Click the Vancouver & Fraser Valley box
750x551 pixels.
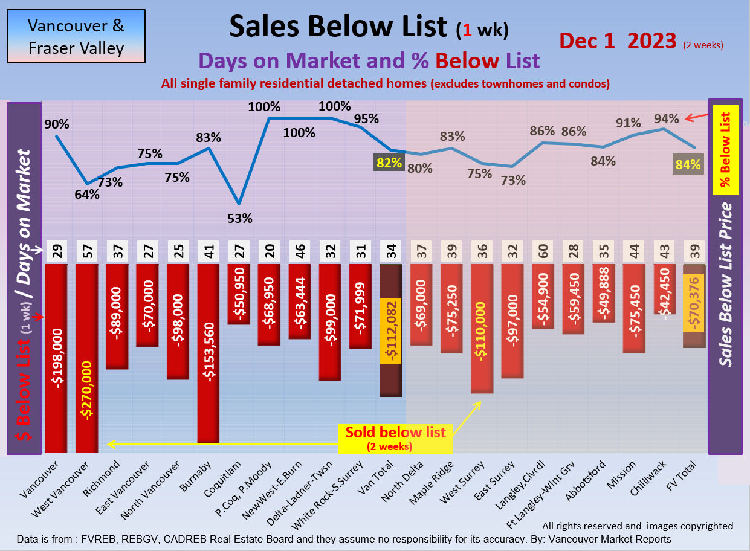(76, 36)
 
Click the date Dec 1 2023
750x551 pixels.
(618, 40)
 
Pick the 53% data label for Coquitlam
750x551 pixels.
(240, 218)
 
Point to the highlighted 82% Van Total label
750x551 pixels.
(389, 162)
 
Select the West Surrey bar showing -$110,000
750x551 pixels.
(481, 329)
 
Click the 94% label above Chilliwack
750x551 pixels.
(667, 118)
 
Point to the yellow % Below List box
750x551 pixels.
(725, 150)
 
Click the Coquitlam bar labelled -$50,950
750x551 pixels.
(239, 294)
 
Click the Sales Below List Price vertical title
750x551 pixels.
(725, 284)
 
